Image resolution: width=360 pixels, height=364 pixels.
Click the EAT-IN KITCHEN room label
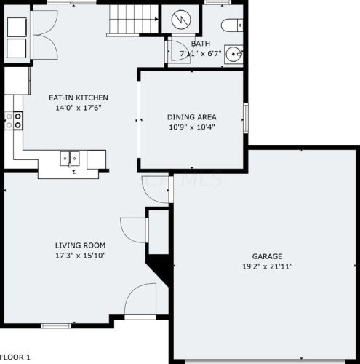pyautogui.click(x=79, y=98)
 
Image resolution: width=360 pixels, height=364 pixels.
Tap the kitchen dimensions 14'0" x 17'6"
pyautogui.click(x=79, y=108)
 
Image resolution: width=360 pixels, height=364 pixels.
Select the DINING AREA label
pyautogui.click(x=191, y=116)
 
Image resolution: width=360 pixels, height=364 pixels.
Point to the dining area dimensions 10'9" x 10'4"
pyautogui.click(x=191, y=127)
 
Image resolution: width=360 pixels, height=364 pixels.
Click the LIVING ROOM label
pyautogui.click(x=80, y=245)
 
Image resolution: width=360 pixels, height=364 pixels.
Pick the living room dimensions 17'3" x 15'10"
pyautogui.click(x=80, y=256)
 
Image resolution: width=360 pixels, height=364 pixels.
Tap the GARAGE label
pyautogui.click(x=267, y=256)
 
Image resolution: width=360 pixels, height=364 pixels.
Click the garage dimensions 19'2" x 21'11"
pyautogui.click(x=267, y=266)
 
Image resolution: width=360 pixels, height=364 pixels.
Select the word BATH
pyautogui.click(x=180, y=43)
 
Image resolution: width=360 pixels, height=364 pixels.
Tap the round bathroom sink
pyautogui.click(x=233, y=54)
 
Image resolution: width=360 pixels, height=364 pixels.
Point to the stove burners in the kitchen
pyautogui.click(x=12, y=119)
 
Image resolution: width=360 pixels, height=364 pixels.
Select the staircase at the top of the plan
pyautogui.click(x=132, y=18)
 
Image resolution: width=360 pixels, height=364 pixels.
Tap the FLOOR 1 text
pyautogui.click(x=15, y=357)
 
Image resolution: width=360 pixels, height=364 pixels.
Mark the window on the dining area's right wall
pyautogui.click(x=245, y=116)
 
